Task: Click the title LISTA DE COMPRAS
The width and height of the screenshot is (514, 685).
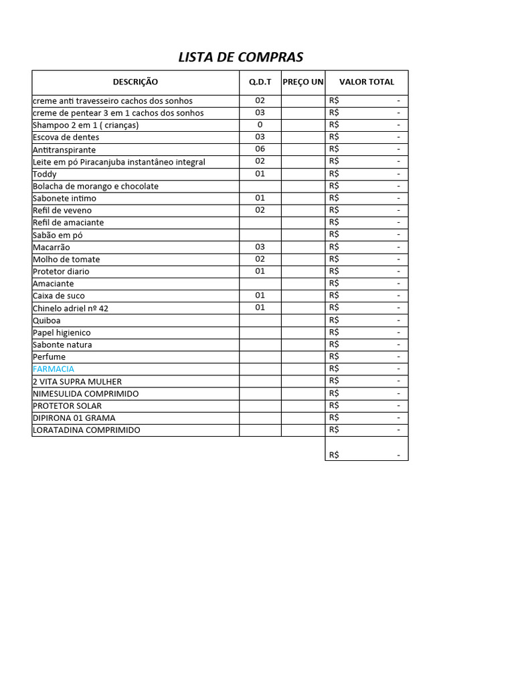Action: click(x=240, y=57)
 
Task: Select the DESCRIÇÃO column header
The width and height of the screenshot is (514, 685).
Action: click(x=135, y=82)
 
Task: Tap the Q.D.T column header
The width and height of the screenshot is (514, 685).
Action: click(x=260, y=82)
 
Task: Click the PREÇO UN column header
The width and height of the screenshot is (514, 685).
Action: click(x=303, y=82)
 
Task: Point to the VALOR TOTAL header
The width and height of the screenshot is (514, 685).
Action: click(x=366, y=82)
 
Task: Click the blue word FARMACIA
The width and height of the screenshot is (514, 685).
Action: click(x=54, y=369)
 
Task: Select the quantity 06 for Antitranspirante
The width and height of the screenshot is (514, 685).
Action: click(x=260, y=149)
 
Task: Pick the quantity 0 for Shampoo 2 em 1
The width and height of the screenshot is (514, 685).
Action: click(x=260, y=125)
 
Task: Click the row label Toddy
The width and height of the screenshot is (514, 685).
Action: click(x=45, y=174)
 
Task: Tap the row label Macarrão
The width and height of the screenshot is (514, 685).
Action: click(x=51, y=248)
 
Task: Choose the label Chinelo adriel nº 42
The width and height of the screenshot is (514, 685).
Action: click(x=70, y=308)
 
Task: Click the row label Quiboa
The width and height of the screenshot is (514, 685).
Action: click(x=46, y=320)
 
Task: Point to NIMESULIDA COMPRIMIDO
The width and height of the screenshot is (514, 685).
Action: click(x=86, y=393)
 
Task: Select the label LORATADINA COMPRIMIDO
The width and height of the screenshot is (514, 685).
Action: click(x=86, y=430)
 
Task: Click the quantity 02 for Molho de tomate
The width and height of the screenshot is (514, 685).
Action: click(x=260, y=259)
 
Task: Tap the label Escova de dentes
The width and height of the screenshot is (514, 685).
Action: click(x=66, y=137)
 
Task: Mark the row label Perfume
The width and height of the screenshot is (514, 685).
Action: click(x=49, y=357)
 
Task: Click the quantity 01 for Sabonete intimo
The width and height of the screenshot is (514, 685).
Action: click(x=260, y=198)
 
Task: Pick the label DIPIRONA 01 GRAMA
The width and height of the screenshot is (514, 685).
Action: click(x=74, y=418)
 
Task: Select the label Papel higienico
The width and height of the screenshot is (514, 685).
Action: click(x=62, y=332)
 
